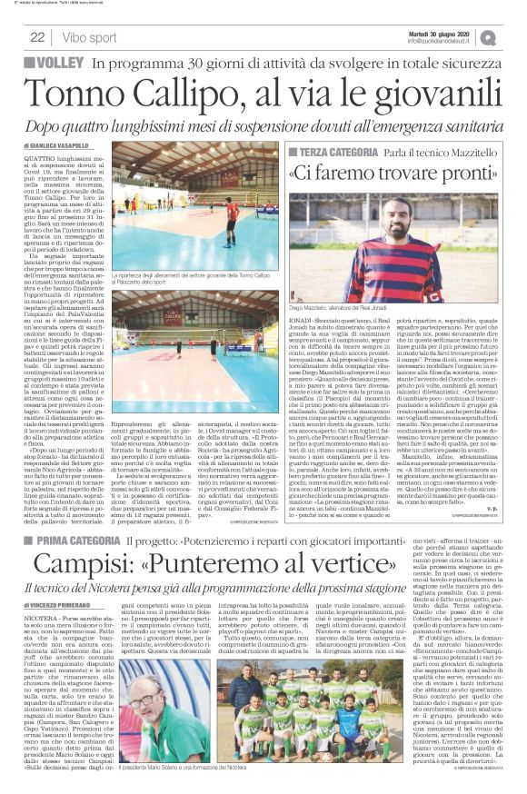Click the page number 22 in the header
coord(37,37)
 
